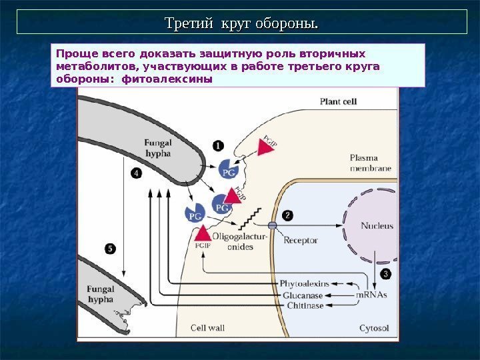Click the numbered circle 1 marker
[218, 145]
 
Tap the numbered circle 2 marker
[287, 215]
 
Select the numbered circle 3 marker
[385, 274]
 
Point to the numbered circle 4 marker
[136, 173]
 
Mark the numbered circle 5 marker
[110, 249]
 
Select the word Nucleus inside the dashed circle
[377, 226]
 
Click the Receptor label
[301, 241]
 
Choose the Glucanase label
[303, 295]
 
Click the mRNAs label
[371, 294]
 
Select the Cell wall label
[207, 328]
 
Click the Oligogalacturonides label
[240, 241]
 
